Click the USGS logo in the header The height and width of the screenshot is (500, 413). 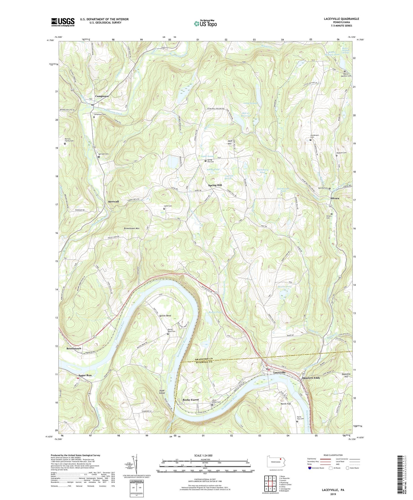(x=63, y=22)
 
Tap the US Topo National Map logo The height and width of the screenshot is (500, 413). (x=205, y=23)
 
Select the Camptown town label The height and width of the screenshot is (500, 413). (x=102, y=96)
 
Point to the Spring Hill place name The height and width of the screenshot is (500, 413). (x=215, y=185)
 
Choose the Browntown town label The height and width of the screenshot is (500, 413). (x=74, y=349)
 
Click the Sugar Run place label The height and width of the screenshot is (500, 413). (x=85, y=375)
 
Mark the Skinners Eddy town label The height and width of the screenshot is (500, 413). (x=311, y=378)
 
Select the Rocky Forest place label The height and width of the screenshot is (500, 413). (x=191, y=400)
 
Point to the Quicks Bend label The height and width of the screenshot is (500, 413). (x=165, y=315)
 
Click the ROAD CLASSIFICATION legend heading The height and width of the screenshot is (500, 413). (x=333, y=455)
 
